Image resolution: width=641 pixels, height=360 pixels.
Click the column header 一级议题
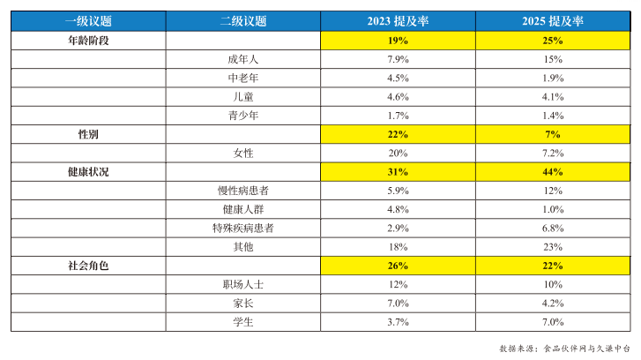(x=88, y=21)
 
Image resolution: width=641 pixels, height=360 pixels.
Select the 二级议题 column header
(x=243, y=21)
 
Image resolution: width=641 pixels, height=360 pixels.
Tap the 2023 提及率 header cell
(x=398, y=21)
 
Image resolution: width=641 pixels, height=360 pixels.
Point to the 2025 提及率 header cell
(x=553, y=21)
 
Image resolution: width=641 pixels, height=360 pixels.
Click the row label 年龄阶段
(x=88, y=41)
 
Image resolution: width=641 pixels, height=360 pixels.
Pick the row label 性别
(x=88, y=134)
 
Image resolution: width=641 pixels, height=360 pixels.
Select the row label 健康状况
(x=88, y=172)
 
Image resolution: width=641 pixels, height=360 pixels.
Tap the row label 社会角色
(x=88, y=266)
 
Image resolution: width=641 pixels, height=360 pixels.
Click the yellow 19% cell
(x=398, y=41)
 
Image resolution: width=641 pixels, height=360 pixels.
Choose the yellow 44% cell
(x=553, y=172)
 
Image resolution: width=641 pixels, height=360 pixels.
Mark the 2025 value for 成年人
(x=553, y=59)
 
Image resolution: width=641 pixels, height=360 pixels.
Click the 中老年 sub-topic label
(x=243, y=79)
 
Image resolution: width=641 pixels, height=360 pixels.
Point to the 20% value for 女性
(x=398, y=153)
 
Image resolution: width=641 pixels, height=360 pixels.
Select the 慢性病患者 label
(x=243, y=191)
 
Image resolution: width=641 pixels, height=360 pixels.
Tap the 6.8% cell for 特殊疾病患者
(x=553, y=228)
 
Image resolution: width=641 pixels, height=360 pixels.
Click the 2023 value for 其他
(x=398, y=247)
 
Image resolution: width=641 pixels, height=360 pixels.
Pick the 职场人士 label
(x=243, y=284)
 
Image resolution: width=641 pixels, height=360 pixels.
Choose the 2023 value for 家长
(x=398, y=304)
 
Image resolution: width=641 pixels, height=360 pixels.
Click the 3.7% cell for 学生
(x=398, y=322)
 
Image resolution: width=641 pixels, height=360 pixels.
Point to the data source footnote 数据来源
(x=564, y=349)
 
